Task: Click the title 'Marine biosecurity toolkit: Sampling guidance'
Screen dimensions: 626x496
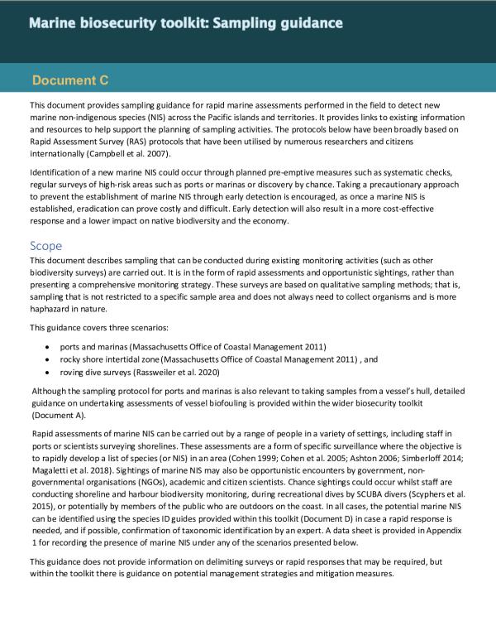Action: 186,23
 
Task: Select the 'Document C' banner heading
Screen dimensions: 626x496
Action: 70,81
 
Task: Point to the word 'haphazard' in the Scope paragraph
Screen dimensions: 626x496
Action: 53,309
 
